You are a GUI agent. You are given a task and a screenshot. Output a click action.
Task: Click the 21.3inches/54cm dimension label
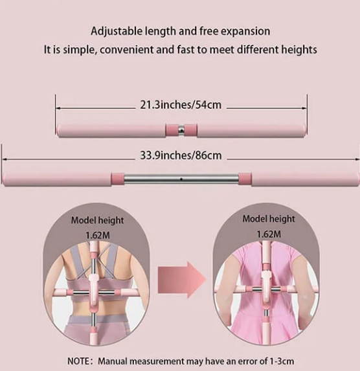(x=181, y=105)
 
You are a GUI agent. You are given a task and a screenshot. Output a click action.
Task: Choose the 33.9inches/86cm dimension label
(x=181, y=155)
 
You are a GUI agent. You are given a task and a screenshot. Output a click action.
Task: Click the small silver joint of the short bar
(x=181, y=130)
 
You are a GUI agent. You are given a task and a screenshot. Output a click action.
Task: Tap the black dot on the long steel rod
(x=181, y=179)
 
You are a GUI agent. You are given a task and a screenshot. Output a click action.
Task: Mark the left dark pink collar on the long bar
(x=117, y=179)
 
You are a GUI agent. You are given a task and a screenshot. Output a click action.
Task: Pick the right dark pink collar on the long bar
(x=245, y=179)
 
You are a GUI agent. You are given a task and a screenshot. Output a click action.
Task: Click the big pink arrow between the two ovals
(x=181, y=280)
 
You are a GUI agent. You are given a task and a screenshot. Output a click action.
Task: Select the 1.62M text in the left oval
(x=98, y=236)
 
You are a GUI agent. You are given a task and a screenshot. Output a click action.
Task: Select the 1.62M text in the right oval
(x=269, y=234)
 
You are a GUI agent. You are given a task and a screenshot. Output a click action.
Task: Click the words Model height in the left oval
(x=97, y=221)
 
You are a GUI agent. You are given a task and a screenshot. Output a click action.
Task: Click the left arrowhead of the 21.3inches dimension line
(x=58, y=108)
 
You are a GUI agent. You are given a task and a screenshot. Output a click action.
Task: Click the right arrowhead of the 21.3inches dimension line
(x=304, y=108)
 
